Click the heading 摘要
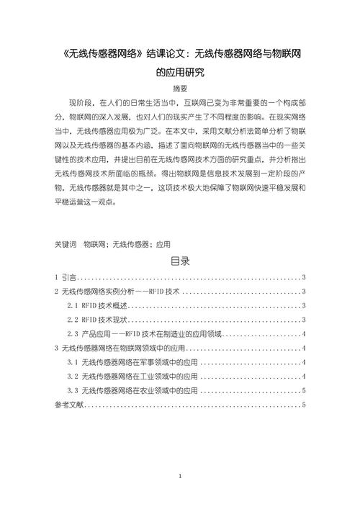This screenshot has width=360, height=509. click(x=180, y=89)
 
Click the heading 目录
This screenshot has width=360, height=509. click(x=180, y=261)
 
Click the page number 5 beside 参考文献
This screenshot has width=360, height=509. click(x=305, y=405)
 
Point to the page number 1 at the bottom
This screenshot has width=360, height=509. click(x=180, y=477)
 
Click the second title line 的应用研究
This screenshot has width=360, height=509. click(x=180, y=72)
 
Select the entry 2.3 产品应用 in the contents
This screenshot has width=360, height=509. click(x=144, y=334)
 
